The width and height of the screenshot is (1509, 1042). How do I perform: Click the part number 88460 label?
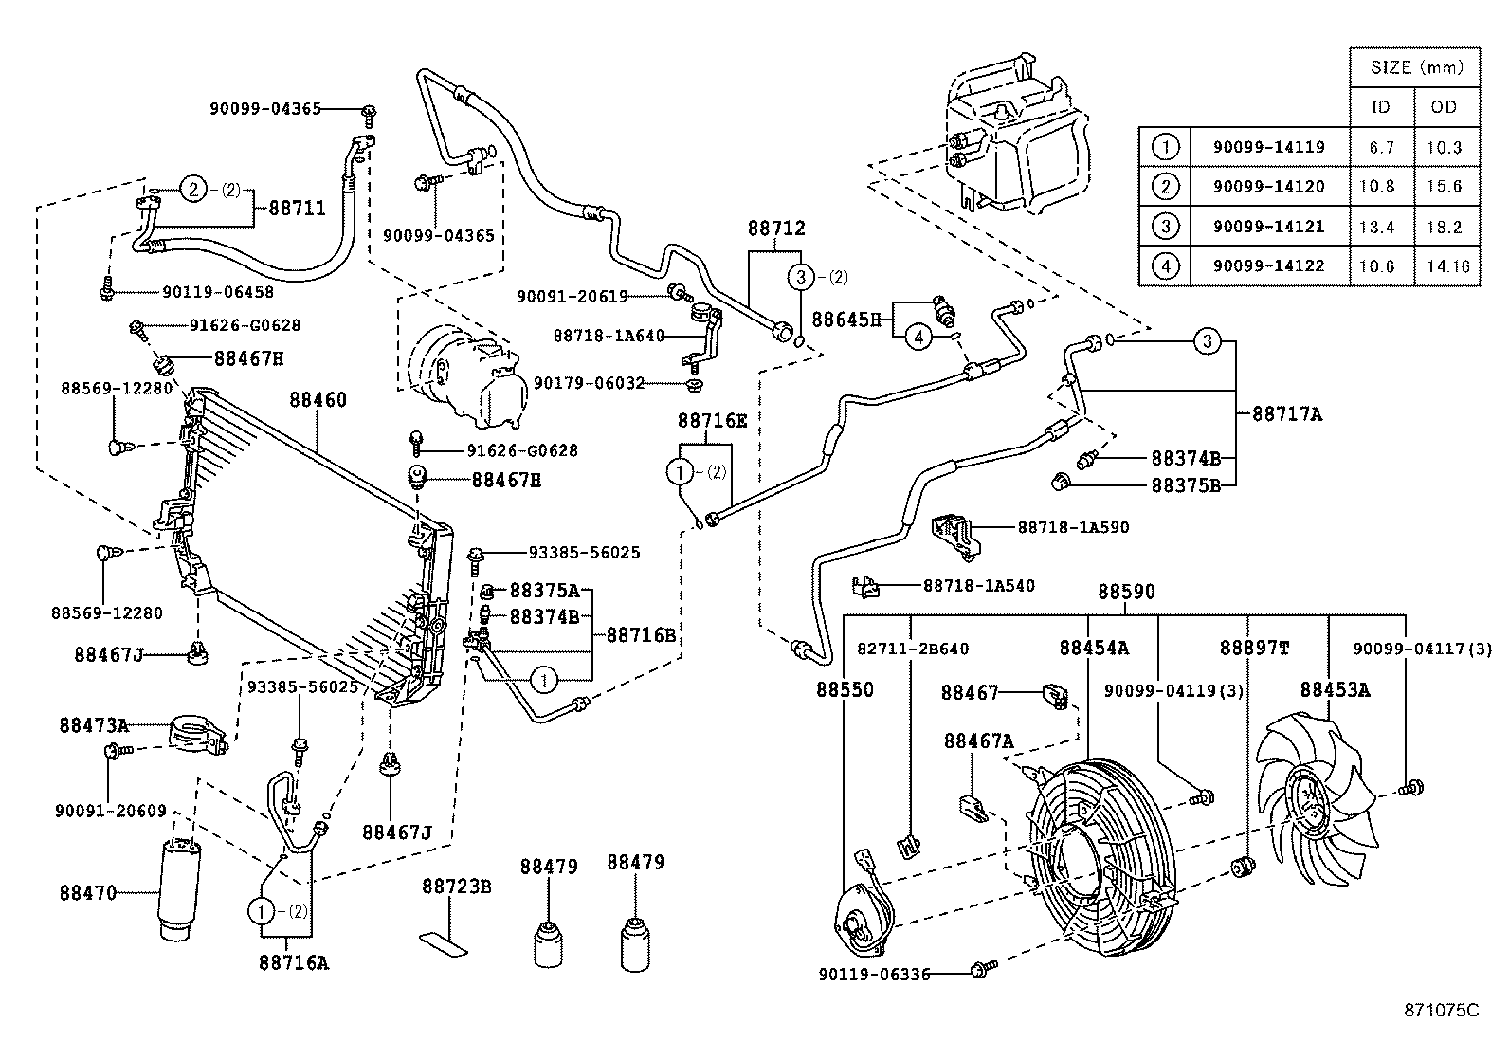(x=318, y=400)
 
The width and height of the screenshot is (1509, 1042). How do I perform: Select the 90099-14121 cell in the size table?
(x=1268, y=227)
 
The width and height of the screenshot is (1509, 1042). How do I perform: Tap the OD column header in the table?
(x=1445, y=107)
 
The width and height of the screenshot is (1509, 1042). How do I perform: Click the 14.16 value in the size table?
(x=1446, y=266)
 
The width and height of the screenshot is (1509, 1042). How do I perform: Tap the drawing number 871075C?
(x=1441, y=1010)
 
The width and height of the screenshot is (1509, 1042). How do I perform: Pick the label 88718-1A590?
(x=1073, y=527)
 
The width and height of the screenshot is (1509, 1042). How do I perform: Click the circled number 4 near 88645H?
(x=918, y=336)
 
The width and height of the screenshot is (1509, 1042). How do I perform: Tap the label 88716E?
(x=712, y=421)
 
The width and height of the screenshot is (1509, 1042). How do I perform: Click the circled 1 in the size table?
(x=1165, y=147)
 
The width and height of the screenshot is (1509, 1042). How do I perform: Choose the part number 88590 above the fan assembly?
(x=1126, y=592)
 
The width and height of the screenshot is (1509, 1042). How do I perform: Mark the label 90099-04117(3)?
(x=1422, y=649)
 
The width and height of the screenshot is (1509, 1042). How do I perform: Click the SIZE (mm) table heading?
(x=1416, y=67)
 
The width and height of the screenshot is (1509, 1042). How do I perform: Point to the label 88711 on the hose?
(x=297, y=208)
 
